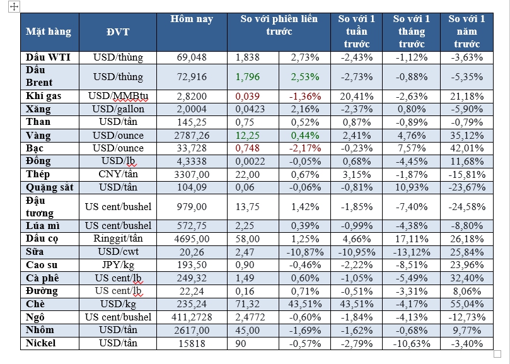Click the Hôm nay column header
point(192,19)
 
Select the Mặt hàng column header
point(49,31)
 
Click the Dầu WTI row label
point(49,57)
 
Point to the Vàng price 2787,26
point(192,135)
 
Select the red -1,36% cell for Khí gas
point(305,97)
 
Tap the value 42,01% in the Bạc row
point(467,148)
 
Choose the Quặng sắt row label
point(50,187)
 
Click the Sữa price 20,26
point(192,252)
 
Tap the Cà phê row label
point(43,278)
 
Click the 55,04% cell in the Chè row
point(467,304)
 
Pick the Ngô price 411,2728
point(192,317)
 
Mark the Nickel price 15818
point(192,343)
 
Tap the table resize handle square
point(497,354)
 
